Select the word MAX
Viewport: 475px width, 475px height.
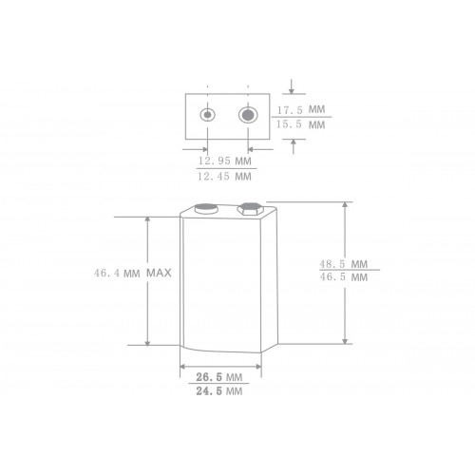tap(159, 274)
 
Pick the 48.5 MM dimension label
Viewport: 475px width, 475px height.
tap(345, 262)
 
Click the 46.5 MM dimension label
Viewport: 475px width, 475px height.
tap(345, 278)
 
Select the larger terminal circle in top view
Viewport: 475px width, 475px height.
tap(248, 117)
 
